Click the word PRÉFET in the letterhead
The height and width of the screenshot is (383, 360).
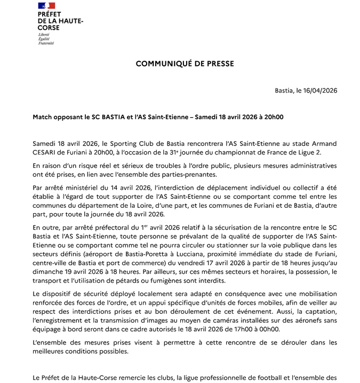(49, 15)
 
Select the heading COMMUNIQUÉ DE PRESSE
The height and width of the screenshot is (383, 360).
(185, 63)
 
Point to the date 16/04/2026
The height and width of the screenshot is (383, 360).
(316, 90)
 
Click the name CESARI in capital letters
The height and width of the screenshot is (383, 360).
(45, 152)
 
